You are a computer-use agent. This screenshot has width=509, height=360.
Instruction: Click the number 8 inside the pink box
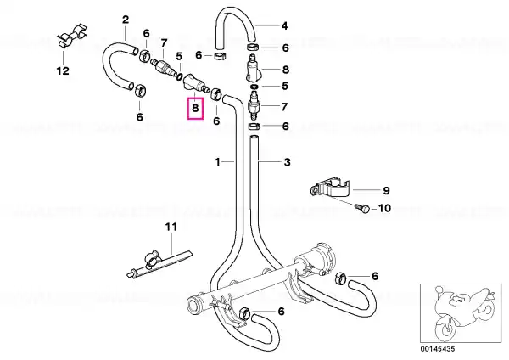(195, 108)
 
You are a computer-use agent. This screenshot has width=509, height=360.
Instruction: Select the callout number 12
(63, 70)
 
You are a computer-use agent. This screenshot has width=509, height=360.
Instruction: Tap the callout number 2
(126, 20)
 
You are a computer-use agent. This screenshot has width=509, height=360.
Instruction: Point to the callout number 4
(284, 26)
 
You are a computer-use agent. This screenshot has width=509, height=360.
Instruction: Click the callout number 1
(218, 162)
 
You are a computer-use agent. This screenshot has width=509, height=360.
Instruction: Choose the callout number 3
(288, 162)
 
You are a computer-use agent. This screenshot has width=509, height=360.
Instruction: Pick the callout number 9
(386, 190)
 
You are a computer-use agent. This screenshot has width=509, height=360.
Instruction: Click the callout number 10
(385, 208)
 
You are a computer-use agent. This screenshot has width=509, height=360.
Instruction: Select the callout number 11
(171, 227)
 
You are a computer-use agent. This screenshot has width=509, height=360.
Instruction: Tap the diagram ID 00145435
(438, 349)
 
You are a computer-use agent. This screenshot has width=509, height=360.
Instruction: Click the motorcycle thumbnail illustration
(461, 313)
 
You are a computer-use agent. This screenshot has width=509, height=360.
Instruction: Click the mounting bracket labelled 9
(329, 188)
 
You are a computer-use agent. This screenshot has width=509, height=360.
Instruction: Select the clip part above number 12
(72, 37)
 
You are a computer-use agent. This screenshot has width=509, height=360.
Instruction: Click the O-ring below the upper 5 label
(179, 77)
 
